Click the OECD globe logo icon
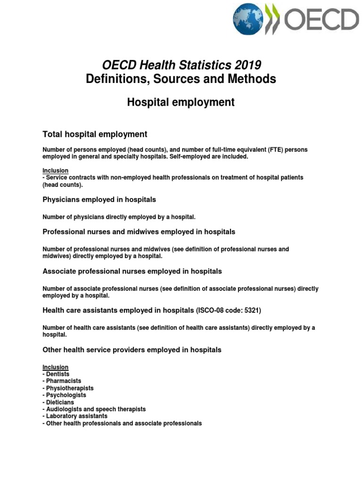(x=248, y=19)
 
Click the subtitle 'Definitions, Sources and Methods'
(x=181, y=79)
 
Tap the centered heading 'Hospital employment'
(x=181, y=102)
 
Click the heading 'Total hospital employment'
(x=95, y=134)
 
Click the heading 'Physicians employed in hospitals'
(x=99, y=200)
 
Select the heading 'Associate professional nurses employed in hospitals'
(x=132, y=271)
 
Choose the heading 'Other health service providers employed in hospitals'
(x=132, y=350)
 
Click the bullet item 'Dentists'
(x=58, y=374)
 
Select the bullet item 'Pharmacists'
(x=63, y=381)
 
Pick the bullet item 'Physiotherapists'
(x=69, y=388)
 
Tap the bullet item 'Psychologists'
(x=66, y=395)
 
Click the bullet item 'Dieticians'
(x=60, y=402)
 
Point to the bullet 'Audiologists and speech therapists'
(x=96, y=409)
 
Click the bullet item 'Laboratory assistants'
(x=76, y=416)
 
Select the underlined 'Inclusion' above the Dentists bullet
(x=56, y=367)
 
